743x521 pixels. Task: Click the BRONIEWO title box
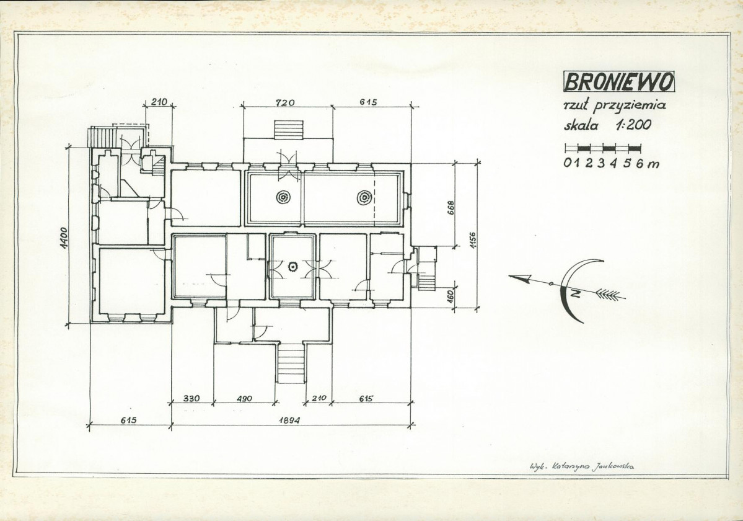pyautogui.click(x=619, y=81)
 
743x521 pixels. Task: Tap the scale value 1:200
pyautogui.click(x=633, y=125)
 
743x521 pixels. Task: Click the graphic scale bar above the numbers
pyautogui.click(x=603, y=148)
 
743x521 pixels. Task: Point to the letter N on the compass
pyautogui.click(x=575, y=294)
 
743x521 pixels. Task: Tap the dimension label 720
pyautogui.click(x=285, y=102)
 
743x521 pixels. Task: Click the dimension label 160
pyautogui.click(x=451, y=295)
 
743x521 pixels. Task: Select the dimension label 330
pyautogui.click(x=191, y=398)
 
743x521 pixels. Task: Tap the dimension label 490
pyautogui.click(x=245, y=398)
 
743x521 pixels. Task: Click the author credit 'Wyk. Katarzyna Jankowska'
pyautogui.click(x=581, y=466)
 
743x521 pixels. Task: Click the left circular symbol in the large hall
pyautogui.click(x=283, y=197)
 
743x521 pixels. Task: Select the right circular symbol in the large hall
pyautogui.click(x=364, y=196)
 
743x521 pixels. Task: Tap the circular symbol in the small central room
pyautogui.click(x=293, y=267)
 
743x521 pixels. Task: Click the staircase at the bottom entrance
pyautogui.click(x=291, y=363)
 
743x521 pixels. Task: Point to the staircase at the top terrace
pyautogui.click(x=289, y=130)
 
